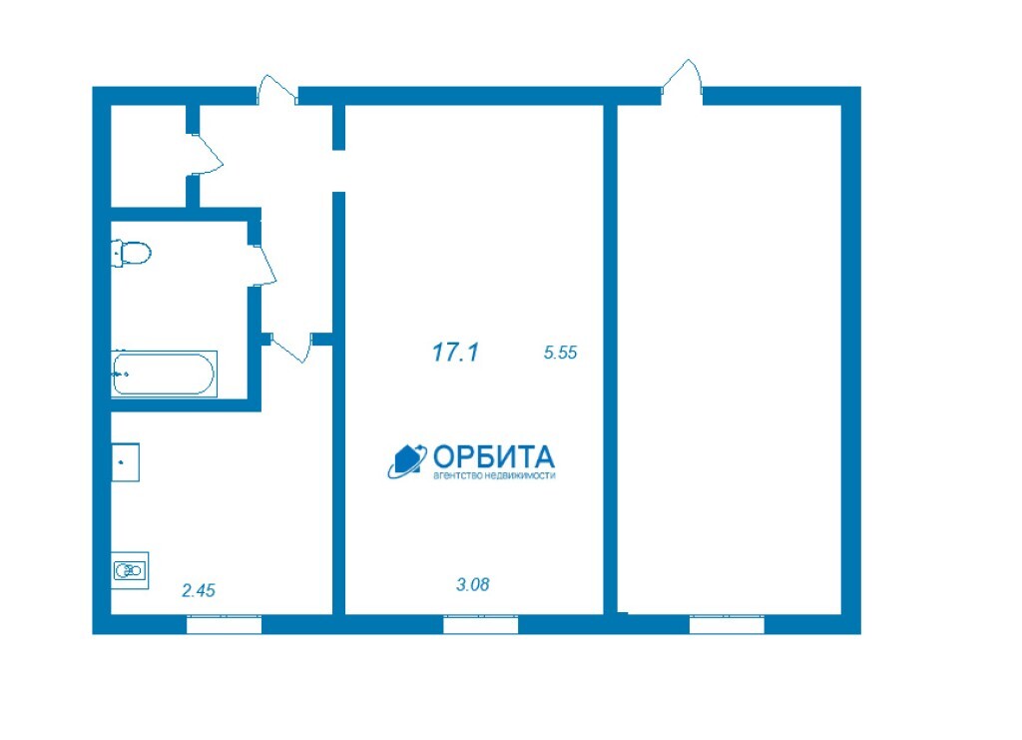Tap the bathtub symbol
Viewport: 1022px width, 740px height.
164,373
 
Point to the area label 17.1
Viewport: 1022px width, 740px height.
455,353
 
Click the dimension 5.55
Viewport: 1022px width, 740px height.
561,353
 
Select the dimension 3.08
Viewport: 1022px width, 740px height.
472,584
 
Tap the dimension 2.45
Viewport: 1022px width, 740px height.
199,590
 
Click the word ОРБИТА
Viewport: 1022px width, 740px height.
494,457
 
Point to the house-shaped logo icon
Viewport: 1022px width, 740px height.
407,460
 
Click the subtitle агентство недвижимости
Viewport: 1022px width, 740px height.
494,476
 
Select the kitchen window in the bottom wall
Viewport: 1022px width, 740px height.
225,624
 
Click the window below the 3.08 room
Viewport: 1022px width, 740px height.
481,624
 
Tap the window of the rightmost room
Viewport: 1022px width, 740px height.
727,624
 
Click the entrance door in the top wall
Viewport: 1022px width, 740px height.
277,90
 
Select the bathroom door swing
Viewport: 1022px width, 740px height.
263,265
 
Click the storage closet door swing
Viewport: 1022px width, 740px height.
208,154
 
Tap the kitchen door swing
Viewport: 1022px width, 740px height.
289,349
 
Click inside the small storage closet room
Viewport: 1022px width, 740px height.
149,155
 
